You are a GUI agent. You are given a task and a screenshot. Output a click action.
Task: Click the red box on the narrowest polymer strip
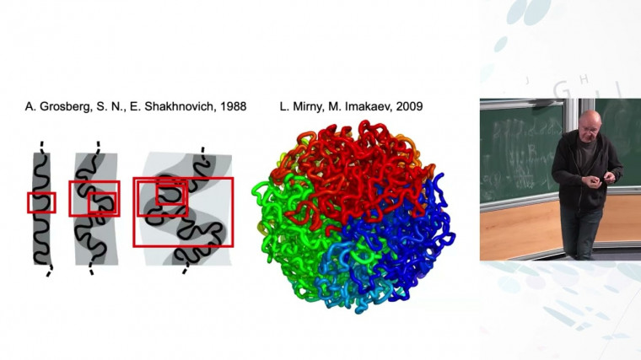[x=41, y=202]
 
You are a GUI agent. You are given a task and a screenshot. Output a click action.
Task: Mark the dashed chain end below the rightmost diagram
[x=186, y=271]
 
